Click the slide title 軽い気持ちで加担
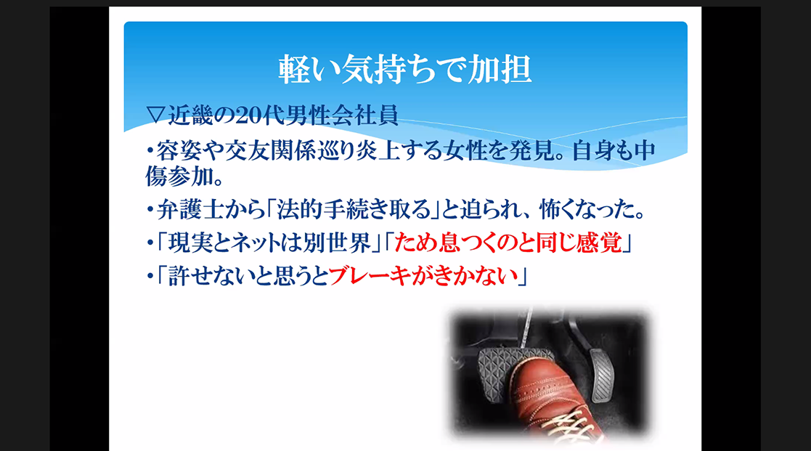[x=405, y=69]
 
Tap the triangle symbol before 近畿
[x=155, y=115]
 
